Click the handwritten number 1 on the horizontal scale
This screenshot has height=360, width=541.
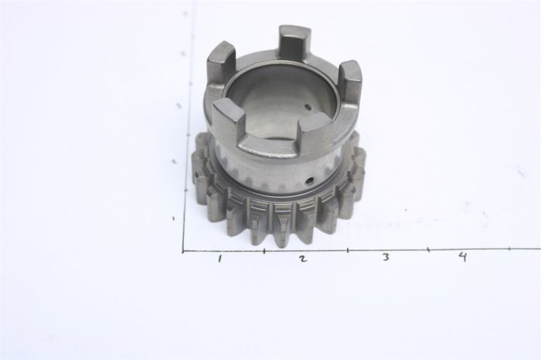220,259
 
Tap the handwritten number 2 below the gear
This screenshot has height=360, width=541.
302,259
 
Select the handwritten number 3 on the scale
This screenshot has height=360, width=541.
385,258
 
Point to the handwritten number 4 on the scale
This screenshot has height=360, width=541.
461,256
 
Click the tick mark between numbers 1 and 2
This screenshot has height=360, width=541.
264,250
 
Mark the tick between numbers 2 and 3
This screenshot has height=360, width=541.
347,250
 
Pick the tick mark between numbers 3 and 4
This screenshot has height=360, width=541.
428,249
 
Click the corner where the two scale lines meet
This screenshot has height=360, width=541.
183,251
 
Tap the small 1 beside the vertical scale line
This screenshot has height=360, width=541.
174,219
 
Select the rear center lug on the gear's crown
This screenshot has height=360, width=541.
294,42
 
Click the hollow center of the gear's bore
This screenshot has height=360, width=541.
282,97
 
